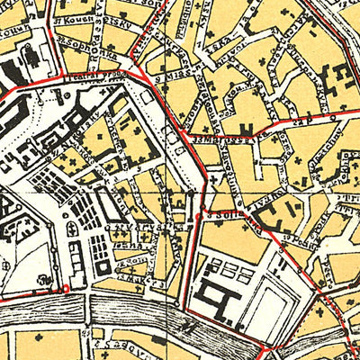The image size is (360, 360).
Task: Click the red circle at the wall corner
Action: point(64,287)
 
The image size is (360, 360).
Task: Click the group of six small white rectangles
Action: point(230,271)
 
